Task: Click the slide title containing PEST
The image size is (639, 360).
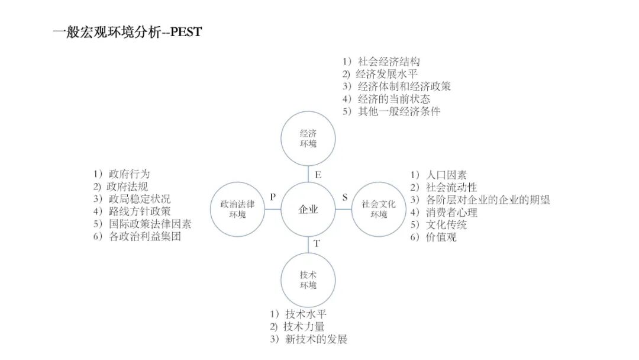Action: (127, 33)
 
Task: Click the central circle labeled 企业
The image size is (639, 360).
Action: (308, 210)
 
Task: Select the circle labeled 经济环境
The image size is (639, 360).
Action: (308, 139)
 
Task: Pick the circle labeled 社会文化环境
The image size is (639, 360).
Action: (379, 210)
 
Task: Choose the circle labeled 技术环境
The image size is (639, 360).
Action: (308, 280)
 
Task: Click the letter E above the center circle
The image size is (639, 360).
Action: (318, 175)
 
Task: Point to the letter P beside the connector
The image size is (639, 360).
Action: (273, 197)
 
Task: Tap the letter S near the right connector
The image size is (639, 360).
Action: (345, 197)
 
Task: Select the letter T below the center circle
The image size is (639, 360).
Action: (317, 243)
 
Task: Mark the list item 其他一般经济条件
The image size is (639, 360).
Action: (399, 111)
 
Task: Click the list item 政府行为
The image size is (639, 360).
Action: (129, 174)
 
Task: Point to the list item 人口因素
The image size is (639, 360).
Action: (446, 175)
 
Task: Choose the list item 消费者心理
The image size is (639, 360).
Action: (451, 213)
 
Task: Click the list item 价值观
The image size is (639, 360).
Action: (441, 237)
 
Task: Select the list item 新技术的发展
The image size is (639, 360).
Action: (315, 339)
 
